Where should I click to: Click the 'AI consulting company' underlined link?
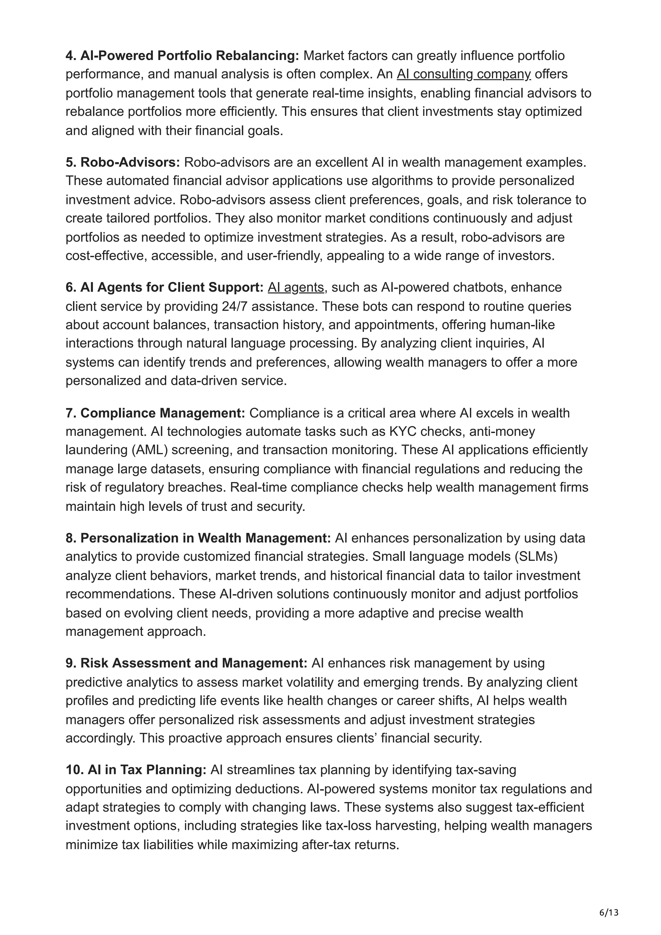coord(463,74)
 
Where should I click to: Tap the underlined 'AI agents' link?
coord(296,287)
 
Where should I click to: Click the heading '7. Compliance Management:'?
coord(155,413)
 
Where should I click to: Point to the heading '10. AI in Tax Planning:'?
coord(136,770)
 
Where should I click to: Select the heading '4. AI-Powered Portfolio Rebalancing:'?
coord(182,55)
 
